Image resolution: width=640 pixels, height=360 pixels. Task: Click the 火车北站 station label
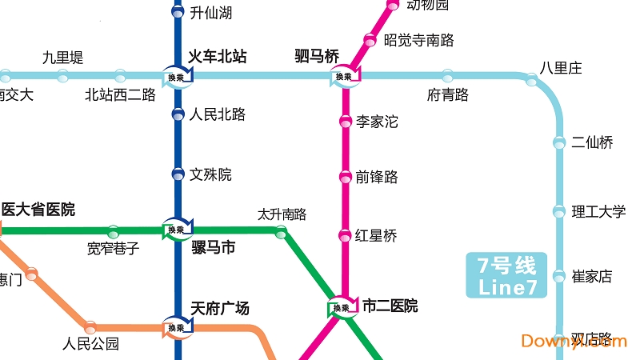point(217,57)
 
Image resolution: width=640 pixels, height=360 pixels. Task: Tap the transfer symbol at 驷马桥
point(344,77)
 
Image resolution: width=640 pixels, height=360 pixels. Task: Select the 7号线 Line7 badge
point(506,275)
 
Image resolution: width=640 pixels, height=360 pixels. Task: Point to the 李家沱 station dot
point(345,122)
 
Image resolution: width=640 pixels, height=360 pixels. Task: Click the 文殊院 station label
point(212,174)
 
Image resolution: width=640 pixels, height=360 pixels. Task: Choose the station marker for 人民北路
point(178,114)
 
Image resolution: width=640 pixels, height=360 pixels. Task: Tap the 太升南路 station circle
point(281,232)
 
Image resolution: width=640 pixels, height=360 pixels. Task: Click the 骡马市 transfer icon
point(177,229)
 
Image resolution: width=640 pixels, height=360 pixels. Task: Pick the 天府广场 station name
point(220,308)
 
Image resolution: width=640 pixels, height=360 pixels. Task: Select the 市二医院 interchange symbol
point(342,307)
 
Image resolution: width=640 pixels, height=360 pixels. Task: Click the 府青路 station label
point(448,95)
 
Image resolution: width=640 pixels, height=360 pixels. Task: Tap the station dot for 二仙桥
point(559,143)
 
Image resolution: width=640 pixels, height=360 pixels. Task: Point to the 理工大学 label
point(598,212)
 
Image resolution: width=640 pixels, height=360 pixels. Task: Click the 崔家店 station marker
point(559,277)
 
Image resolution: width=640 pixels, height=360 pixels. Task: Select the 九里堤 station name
point(62,58)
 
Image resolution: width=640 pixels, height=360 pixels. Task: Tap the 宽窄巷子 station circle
point(113,231)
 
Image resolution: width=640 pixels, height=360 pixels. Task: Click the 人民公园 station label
point(90,345)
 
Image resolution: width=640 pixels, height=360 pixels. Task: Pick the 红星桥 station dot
point(345,235)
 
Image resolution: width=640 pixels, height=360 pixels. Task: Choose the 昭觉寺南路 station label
point(419,39)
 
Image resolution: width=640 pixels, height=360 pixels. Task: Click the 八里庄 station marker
point(531,78)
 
